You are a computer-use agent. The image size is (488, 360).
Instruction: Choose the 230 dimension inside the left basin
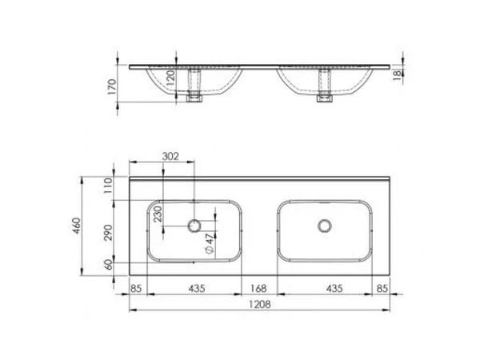click(x=158, y=214)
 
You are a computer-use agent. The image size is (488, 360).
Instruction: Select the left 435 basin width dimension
click(x=194, y=286)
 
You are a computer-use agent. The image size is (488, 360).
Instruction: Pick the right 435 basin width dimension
click(x=323, y=286)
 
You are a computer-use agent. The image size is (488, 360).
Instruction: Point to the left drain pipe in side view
click(x=193, y=86)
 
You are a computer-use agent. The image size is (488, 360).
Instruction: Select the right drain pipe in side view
click(x=325, y=86)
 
